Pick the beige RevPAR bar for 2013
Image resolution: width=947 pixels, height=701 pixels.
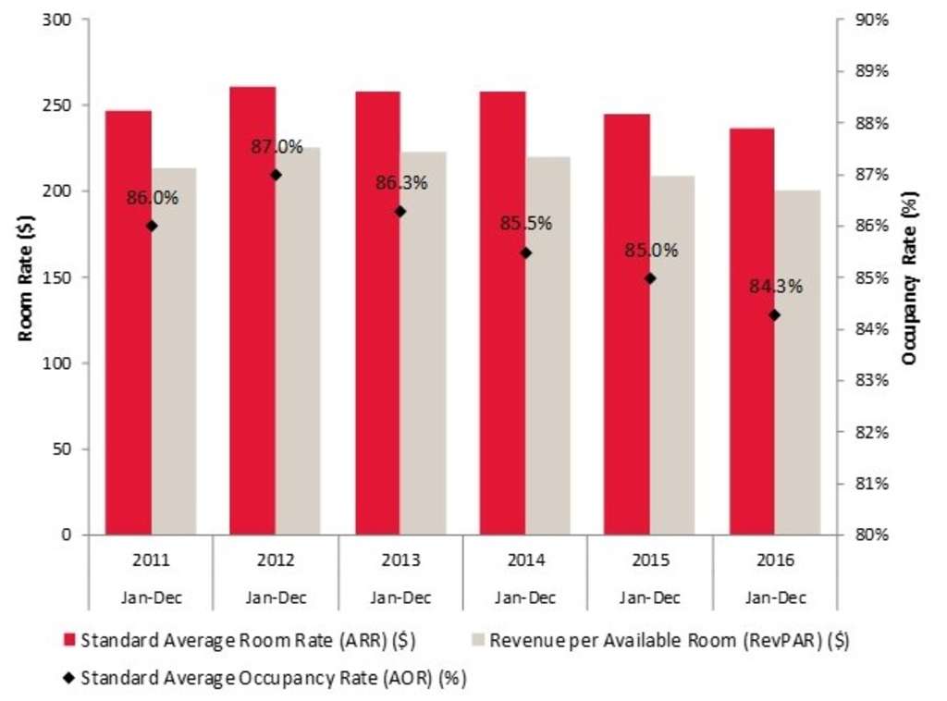tap(423, 342)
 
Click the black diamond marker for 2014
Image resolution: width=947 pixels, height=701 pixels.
tap(525, 252)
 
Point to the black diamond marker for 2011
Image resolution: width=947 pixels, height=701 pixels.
tap(152, 226)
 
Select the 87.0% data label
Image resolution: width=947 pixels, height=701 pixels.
tap(277, 147)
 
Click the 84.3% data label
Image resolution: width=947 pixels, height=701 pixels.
tap(776, 287)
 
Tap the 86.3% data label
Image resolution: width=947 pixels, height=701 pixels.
tap(401, 183)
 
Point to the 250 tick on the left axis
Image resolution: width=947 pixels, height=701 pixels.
tap(68, 105)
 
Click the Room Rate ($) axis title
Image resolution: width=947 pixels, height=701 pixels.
tap(26, 277)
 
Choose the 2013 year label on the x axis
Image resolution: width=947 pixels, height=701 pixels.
tap(400, 560)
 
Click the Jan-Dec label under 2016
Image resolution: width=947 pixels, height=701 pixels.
tap(775, 597)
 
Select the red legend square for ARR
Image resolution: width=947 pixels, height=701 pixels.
tap(69, 640)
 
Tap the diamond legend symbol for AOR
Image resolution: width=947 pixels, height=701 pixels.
tap(69, 678)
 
